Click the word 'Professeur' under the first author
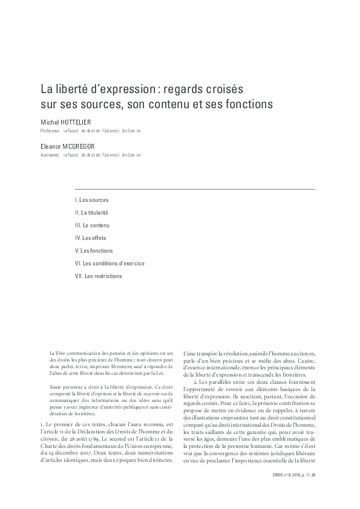coord(50,131)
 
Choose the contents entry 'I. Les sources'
coord(91,199)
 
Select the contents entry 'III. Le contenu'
coord(92,225)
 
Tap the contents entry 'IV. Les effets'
coord(90,238)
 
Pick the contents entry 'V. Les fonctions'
coord(94,250)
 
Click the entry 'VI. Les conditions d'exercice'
coord(110,263)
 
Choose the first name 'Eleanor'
coord(51,147)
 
